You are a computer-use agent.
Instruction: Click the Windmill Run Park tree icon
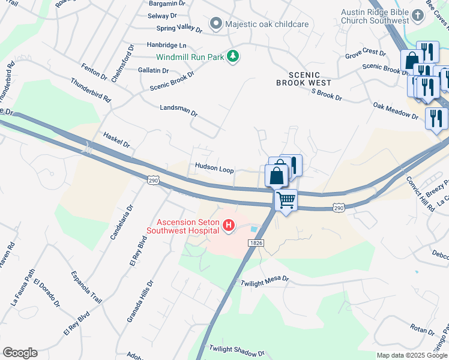point(233,57)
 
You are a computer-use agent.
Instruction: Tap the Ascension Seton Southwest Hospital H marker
point(228,226)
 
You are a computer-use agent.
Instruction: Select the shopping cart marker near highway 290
point(286,199)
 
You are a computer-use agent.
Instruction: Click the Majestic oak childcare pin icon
point(215,24)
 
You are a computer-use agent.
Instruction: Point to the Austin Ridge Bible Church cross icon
point(417,16)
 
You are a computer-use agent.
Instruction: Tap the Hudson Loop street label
point(214,169)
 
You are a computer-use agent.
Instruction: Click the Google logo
point(20,353)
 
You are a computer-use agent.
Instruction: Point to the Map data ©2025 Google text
point(412,355)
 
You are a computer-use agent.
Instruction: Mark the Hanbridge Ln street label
point(166,45)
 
